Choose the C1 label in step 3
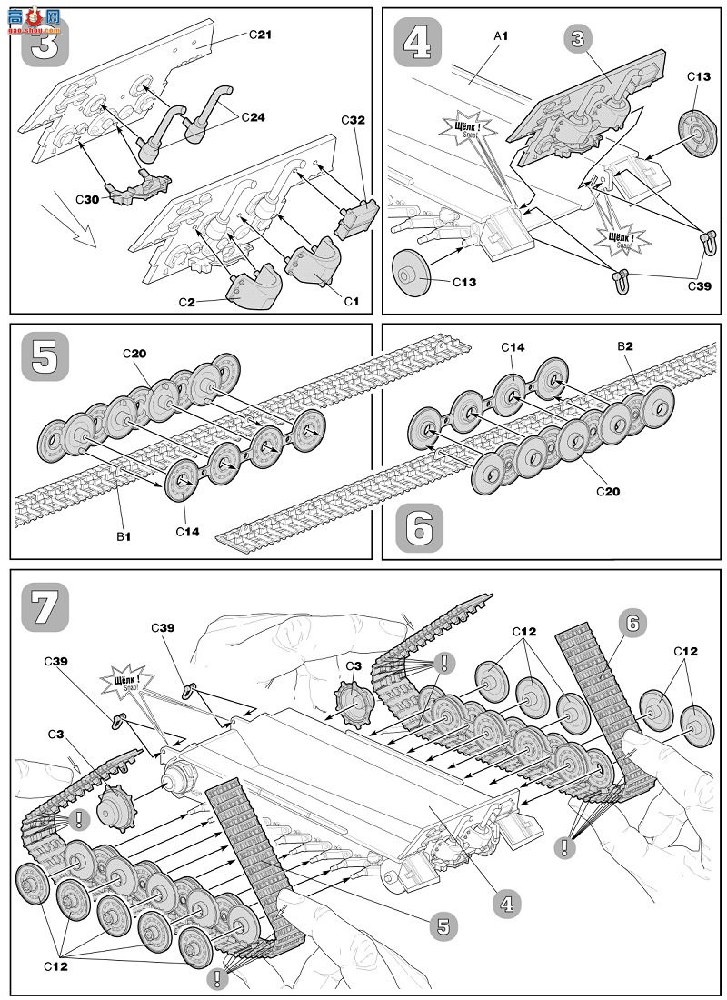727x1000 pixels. (349, 299)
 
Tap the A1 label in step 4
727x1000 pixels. (500, 35)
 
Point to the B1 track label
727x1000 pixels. (124, 536)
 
